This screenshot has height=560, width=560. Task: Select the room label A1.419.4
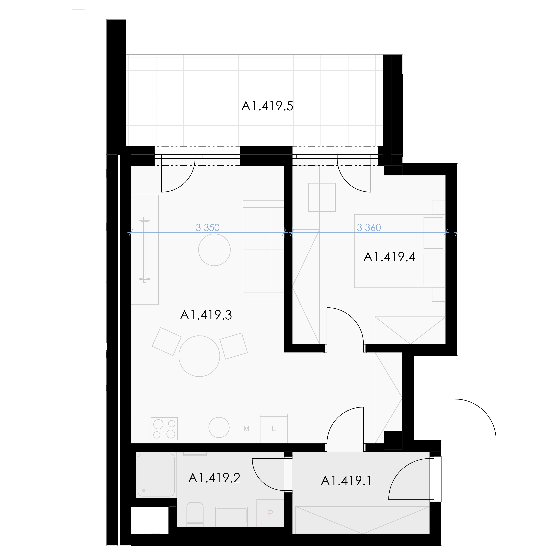pos(389,257)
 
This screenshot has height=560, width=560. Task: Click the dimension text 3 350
pos(208,228)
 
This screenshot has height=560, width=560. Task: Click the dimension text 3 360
pos(369,228)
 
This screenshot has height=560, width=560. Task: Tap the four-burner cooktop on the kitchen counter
pos(164,429)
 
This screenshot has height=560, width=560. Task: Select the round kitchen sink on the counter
pos(219,427)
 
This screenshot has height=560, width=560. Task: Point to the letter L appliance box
pos(274,429)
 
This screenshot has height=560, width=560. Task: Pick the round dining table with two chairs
pos(199,356)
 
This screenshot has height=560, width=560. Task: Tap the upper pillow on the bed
pos(433,233)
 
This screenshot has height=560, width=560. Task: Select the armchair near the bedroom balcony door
pos(322,197)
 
